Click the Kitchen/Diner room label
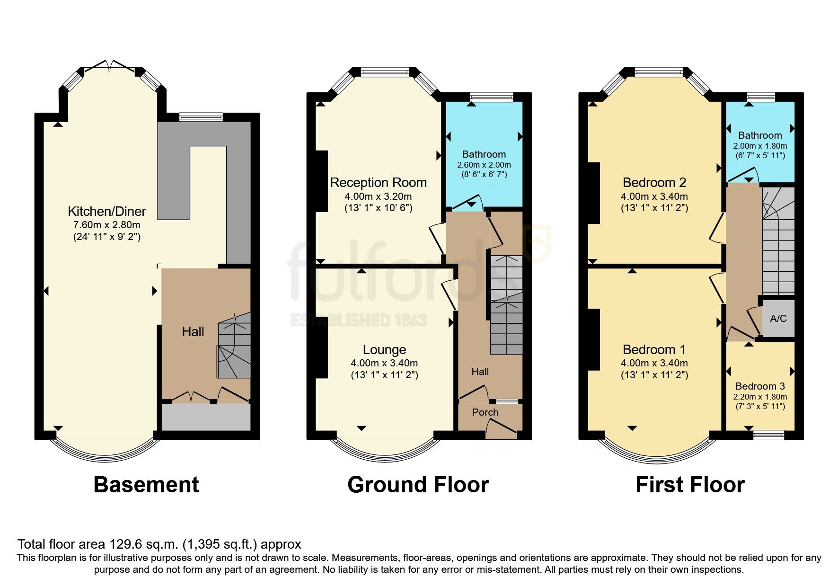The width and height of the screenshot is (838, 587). click(x=106, y=211)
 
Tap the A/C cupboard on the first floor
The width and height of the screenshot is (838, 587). click(x=778, y=318)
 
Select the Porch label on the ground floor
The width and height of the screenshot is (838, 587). click(x=485, y=412)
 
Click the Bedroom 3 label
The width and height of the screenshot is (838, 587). click(x=760, y=386)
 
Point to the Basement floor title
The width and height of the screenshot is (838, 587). click(x=146, y=485)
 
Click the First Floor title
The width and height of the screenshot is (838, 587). click(x=690, y=485)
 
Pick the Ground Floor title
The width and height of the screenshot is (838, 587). click(x=418, y=485)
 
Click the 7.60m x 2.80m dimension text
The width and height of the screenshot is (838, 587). click(x=106, y=225)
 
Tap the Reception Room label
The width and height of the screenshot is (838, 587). click(x=378, y=182)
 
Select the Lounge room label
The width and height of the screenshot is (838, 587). click(x=384, y=349)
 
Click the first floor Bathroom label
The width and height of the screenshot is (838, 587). click(x=760, y=135)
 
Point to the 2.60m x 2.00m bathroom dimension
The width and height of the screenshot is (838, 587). click(x=484, y=165)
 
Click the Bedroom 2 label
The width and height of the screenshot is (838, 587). click(x=654, y=182)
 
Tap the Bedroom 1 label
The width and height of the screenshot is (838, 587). click(x=654, y=349)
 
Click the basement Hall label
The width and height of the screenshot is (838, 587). click(x=193, y=331)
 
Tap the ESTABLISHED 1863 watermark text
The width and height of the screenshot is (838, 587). click(x=358, y=320)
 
